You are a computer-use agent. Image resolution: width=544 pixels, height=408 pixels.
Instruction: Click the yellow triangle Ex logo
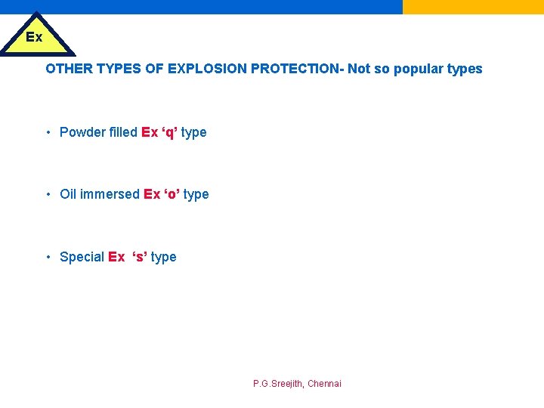(x=36, y=38)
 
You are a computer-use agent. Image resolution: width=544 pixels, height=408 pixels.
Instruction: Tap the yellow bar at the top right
(x=473, y=7)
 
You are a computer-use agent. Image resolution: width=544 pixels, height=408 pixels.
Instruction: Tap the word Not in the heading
(x=359, y=69)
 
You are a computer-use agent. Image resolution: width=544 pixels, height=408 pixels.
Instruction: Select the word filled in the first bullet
(x=123, y=132)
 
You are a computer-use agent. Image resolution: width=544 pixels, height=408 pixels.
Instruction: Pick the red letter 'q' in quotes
(x=170, y=132)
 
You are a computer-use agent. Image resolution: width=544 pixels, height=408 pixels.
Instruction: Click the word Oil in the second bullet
(x=68, y=194)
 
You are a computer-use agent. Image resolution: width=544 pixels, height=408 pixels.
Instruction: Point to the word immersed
(x=110, y=194)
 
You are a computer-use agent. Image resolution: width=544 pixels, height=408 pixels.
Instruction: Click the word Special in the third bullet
(x=82, y=257)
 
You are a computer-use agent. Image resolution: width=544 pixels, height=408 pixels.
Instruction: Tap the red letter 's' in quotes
(x=140, y=257)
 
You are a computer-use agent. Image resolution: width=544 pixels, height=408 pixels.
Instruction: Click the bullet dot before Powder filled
(x=48, y=132)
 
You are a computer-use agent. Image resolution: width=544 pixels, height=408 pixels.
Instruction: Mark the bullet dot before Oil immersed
(x=48, y=194)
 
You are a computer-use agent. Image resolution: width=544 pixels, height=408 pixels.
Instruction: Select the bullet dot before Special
(x=48, y=257)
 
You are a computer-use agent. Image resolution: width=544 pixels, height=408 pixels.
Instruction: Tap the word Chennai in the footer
(x=324, y=384)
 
